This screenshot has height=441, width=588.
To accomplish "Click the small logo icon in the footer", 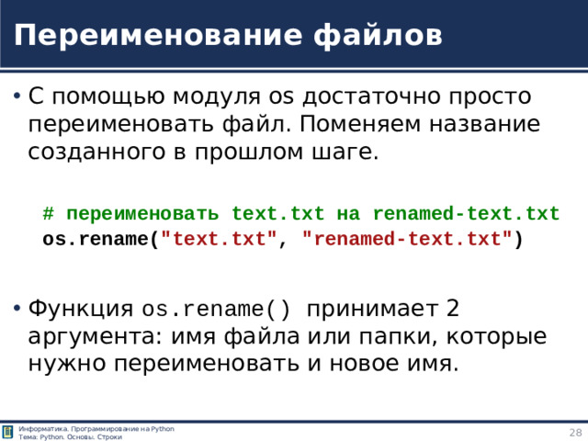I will click(x=8, y=432).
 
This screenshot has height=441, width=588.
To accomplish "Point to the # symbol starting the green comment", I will click(x=48, y=215).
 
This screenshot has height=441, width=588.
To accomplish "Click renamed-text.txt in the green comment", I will click(x=466, y=215).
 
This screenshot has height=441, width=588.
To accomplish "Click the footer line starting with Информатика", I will click(x=96, y=428).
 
